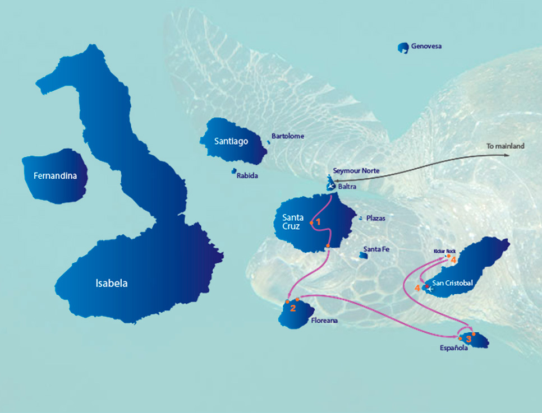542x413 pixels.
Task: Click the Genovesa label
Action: (426, 46)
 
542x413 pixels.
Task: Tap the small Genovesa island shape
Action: (402, 48)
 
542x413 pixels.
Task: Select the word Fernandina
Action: (55, 177)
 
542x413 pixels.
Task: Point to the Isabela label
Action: (111, 284)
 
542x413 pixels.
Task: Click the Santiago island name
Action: (231, 142)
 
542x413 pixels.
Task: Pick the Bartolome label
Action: (287, 136)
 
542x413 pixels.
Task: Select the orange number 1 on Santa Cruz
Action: (318, 222)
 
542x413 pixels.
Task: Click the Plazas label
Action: (375, 218)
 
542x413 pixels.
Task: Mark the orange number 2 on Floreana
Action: (292, 308)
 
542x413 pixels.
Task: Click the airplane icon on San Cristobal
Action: (430, 289)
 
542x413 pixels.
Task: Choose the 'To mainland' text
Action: (505, 146)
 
